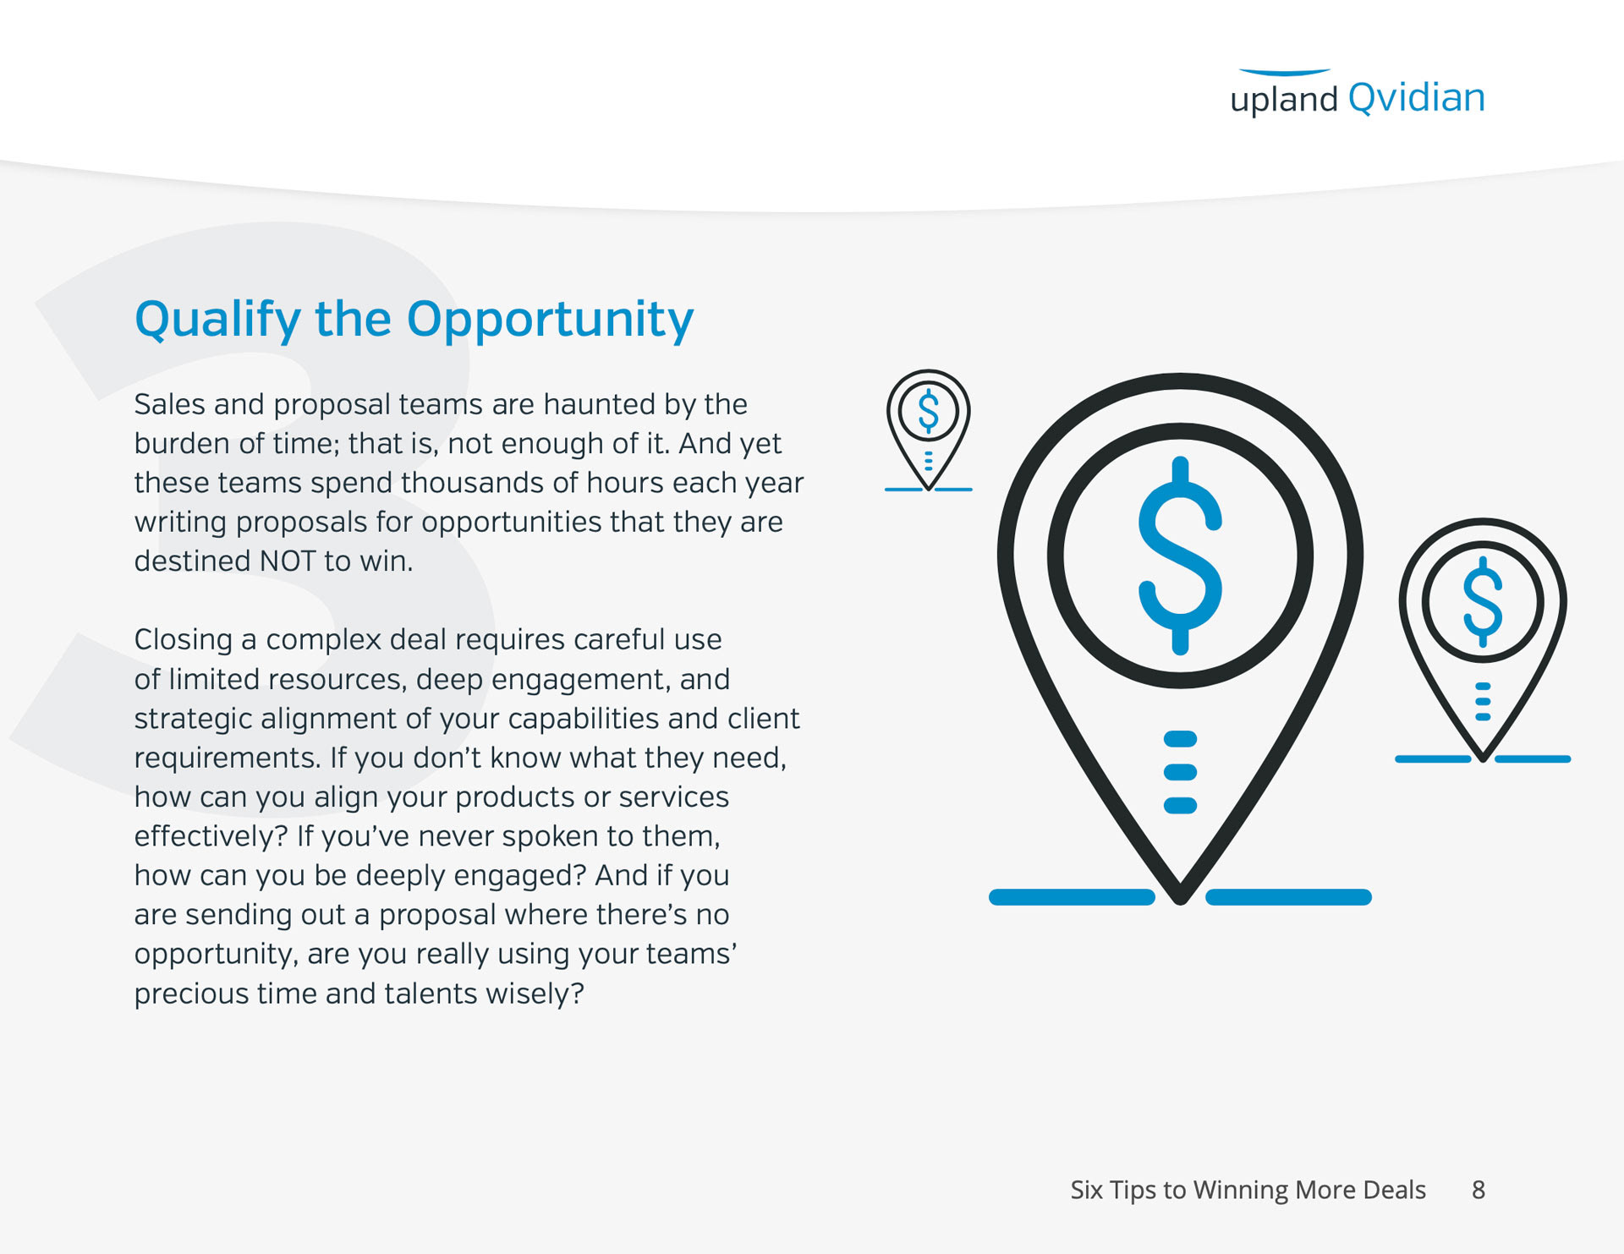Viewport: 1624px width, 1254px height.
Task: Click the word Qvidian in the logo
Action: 1417,99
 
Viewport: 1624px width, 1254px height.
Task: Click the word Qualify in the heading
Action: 218,320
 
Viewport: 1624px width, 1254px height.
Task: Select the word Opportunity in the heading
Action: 550,320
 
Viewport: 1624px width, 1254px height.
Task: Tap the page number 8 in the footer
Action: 1479,1191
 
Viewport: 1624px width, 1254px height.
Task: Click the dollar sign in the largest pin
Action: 1181,556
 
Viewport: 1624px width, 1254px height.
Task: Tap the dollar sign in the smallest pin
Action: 929,411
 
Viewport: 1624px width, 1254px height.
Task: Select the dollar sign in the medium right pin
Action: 1483,602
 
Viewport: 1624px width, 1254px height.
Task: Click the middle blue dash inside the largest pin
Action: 1181,772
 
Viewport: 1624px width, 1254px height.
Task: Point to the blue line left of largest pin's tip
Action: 1072,897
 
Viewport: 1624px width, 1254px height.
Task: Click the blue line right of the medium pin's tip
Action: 1533,759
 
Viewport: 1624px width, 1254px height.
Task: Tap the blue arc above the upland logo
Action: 1285,73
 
